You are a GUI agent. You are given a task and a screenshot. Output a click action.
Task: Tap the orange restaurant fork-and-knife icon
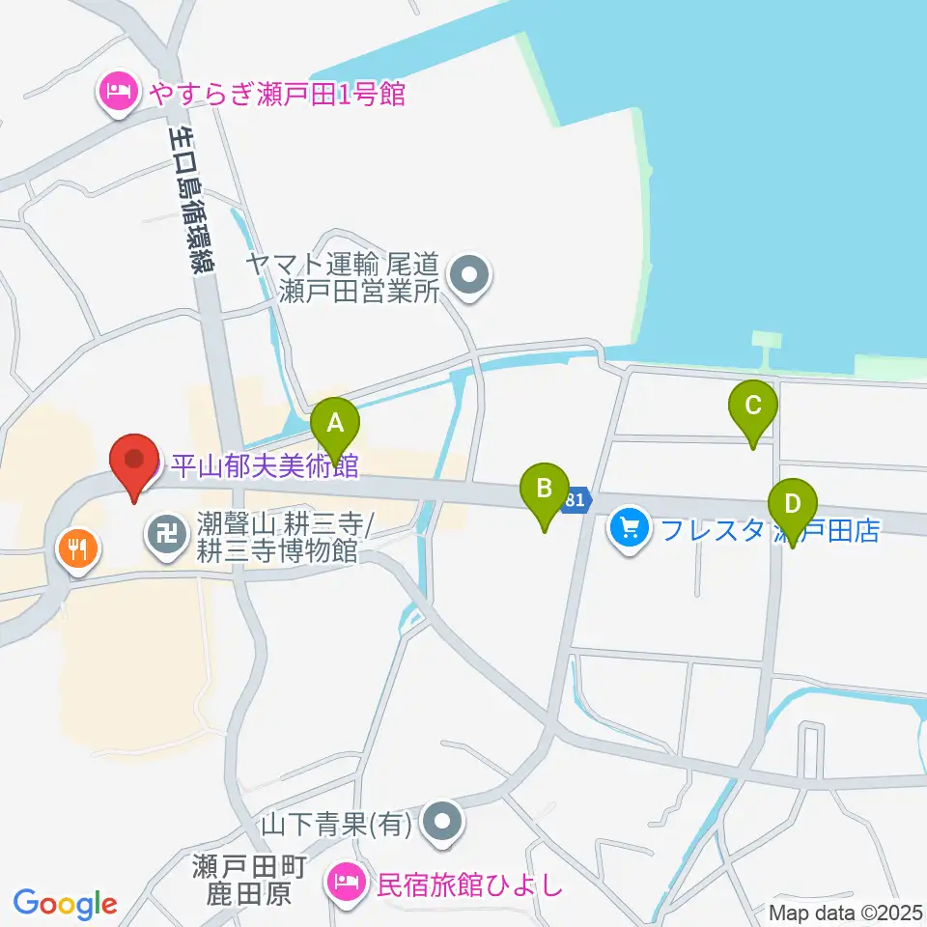[x=76, y=550]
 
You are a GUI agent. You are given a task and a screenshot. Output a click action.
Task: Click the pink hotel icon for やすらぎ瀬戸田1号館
[x=118, y=95]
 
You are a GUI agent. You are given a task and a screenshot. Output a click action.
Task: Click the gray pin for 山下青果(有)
[x=442, y=823]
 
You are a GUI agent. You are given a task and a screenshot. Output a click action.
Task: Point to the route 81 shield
[x=576, y=500]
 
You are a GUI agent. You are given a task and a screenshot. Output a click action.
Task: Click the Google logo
[x=65, y=905]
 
